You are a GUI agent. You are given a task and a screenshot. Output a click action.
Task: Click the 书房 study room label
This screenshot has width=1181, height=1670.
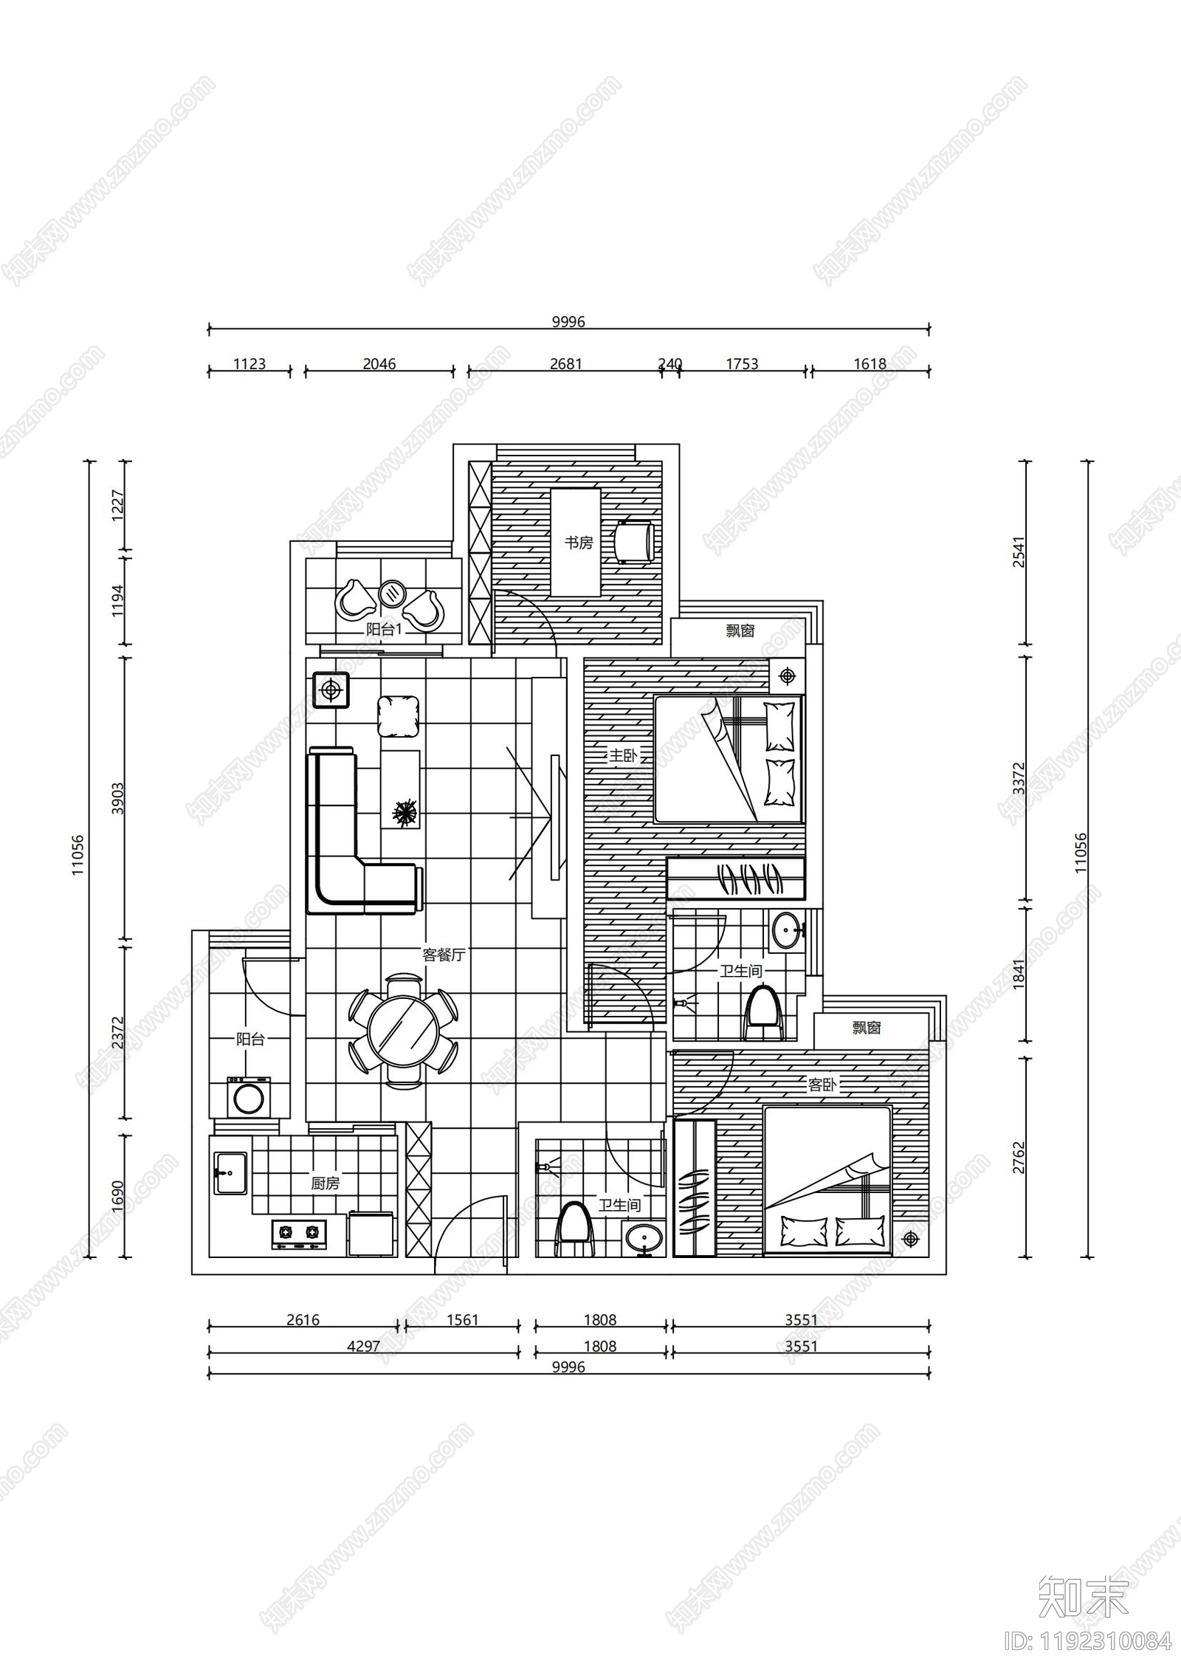coord(579,543)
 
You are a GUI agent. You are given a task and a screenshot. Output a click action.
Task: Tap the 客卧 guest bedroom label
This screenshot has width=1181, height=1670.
coord(822,1085)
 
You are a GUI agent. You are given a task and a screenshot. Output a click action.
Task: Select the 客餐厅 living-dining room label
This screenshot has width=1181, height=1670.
coord(444,955)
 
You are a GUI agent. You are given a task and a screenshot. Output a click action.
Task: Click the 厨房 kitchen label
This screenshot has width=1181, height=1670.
coord(325,1183)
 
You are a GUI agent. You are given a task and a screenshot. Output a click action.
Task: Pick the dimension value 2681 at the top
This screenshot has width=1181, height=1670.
coord(566,364)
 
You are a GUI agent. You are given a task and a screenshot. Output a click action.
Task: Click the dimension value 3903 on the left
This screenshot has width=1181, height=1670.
coord(118,798)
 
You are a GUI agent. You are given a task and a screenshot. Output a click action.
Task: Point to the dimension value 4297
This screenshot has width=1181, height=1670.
coord(363,1347)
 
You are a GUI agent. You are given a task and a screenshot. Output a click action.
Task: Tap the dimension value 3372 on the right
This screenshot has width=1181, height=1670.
coord(1019,778)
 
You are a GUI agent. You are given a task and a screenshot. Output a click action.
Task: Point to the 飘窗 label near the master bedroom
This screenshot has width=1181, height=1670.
coord(740,631)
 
